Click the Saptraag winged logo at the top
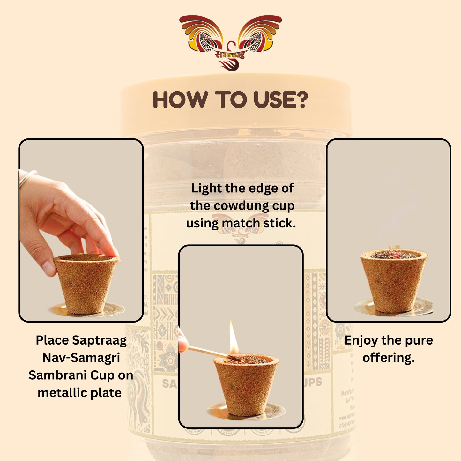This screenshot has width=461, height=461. tap(230, 41)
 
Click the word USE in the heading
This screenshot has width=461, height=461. tap(273, 100)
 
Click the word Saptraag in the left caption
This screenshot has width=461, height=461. tap(99, 340)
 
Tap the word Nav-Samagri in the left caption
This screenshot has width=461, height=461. tap(81, 358)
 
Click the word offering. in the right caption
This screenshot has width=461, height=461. tap(388, 358)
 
